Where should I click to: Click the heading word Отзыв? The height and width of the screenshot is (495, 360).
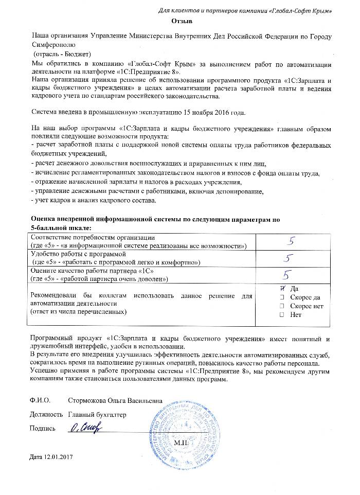pyautogui.click(x=182, y=22)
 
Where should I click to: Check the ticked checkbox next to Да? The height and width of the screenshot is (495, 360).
pyautogui.click(x=281, y=289)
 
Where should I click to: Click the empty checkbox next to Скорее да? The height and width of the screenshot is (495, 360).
pyautogui.click(x=281, y=297)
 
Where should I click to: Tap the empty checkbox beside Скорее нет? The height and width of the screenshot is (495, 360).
pyautogui.click(x=281, y=306)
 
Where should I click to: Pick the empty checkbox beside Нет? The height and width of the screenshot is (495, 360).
pyautogui.click(x=281, y=315)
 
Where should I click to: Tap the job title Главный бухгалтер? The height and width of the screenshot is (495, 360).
pyautogui.click(x=96, y=415)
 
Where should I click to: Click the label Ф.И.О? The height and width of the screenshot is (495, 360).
pyautogui.click(x=41, y=400)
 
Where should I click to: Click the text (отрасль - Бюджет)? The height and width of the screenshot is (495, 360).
pyautogui.click(x=62, y=54)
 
